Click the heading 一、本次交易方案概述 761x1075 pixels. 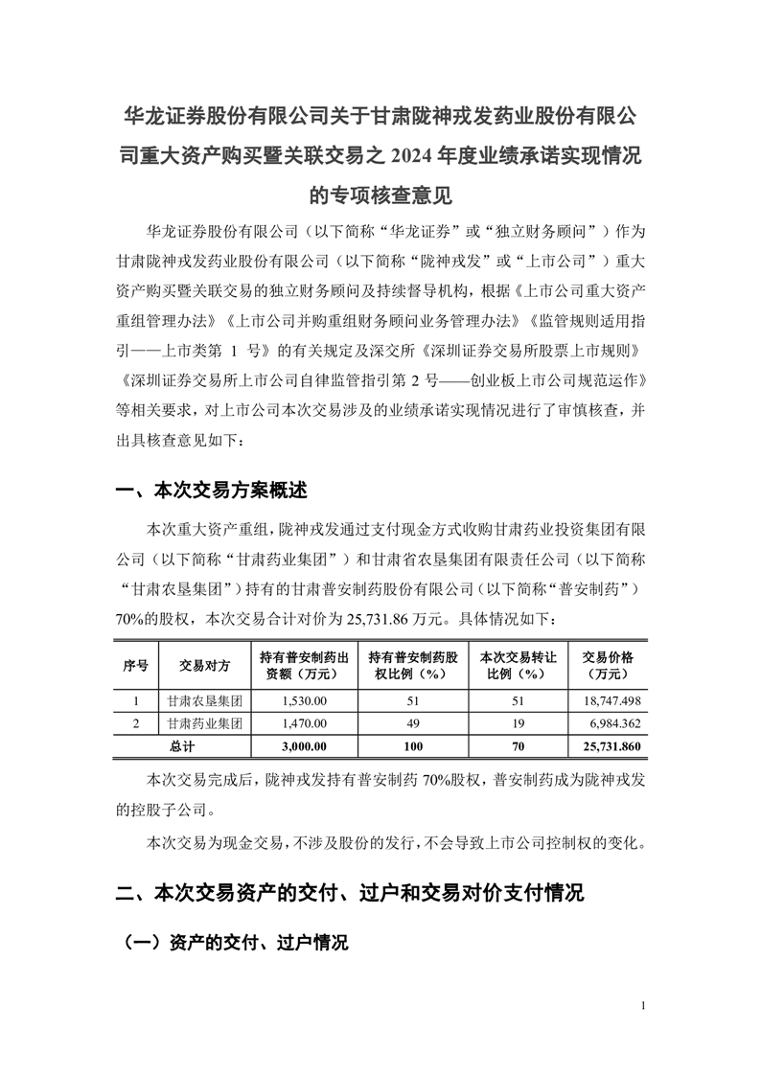211,491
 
